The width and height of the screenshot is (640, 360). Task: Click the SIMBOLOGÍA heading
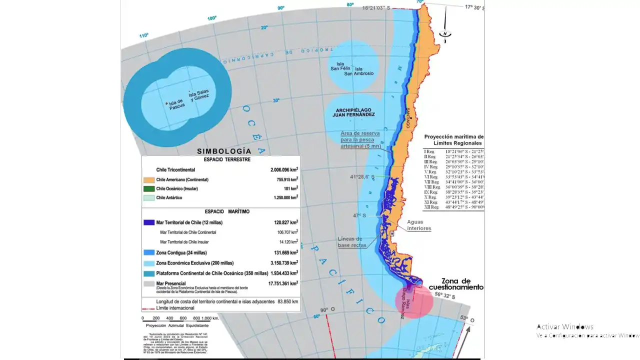click(x=224, y=151)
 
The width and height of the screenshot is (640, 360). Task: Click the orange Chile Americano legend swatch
click(x=148, y=179)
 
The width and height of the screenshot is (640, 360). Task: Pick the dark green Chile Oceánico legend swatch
click(x=148, y=188)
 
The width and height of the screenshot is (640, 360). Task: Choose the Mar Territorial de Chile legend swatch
click(x=148, y=222)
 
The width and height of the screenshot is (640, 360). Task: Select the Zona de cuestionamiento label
click(x=462, y=284)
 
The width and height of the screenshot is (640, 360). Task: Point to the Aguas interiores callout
click(x=419, y=225)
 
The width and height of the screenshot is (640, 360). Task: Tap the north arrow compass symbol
click(x=444, y=33)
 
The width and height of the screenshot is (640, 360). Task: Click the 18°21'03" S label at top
click(x=383, y=8)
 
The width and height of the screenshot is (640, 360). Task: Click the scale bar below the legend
click(x=180, y=318)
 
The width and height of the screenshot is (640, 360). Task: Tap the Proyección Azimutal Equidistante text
click(x=177, y=325)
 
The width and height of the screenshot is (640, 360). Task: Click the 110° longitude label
click(x=144, y=35)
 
